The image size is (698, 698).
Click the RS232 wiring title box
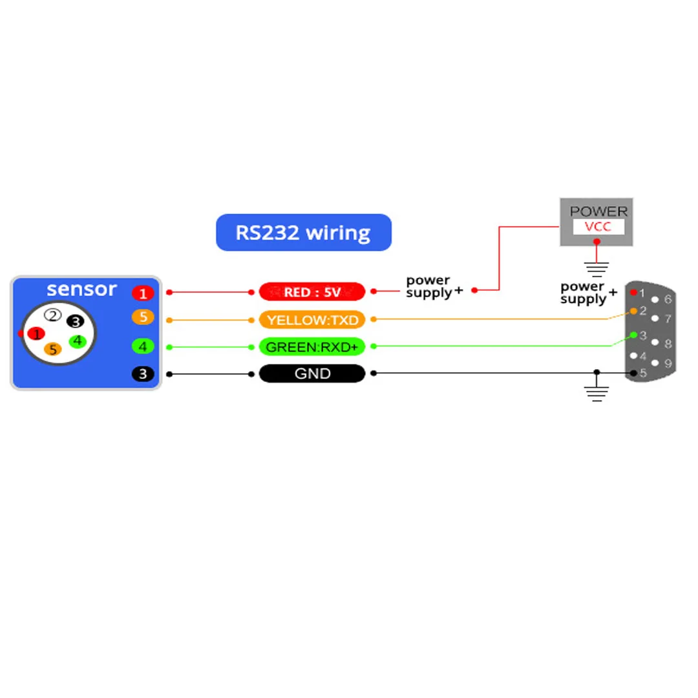[x=303, y=232]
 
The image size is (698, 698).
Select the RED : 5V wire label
[x=312, y=292]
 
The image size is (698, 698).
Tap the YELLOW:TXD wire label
[x=312, y=320]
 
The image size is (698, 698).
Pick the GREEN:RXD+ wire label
[x=312, y=347]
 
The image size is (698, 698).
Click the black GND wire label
[x=312, y=374]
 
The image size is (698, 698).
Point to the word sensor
[x=81, y=289]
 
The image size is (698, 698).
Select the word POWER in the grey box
[x=598, y=211]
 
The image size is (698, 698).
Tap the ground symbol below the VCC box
[x=597, y=267]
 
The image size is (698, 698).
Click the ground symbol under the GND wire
[x=597, y=392]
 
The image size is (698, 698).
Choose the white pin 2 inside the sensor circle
[x=53, y=315]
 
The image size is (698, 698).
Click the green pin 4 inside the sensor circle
[x=78, y=341]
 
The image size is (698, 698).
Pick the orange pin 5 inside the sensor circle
[x=53, y=350]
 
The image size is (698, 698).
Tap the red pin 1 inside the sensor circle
[x=37, y=333]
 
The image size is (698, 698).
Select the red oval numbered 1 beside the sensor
[x=142, y=293]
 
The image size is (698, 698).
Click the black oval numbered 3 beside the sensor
[x=142, y=374]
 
